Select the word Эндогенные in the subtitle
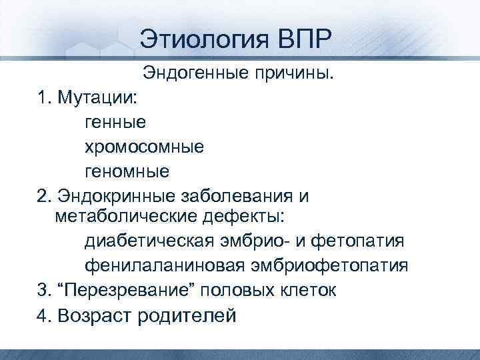196,73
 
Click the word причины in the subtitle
294,73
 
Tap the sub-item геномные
127,171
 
